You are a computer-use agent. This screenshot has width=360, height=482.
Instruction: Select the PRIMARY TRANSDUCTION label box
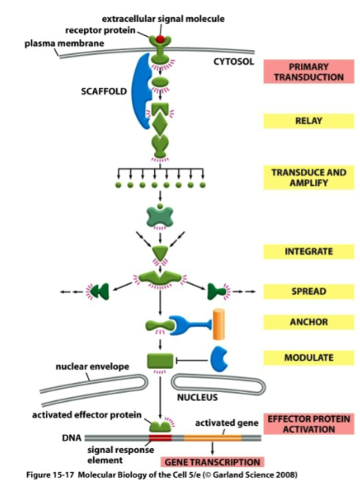click(308, 71)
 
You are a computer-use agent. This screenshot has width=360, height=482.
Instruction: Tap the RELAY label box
click(308, 121)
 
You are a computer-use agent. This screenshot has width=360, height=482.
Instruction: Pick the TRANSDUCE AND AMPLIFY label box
click(308, 178)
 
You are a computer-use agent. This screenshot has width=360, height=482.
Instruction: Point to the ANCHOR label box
click(308, 322)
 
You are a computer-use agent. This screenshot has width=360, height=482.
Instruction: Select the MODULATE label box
click(308, 358)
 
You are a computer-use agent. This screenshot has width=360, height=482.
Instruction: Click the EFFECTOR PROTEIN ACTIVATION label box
click(308, 424)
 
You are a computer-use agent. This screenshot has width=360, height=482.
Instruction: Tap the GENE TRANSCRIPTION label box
click(223, 462)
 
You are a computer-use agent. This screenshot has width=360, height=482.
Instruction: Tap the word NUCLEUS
click(198, 397)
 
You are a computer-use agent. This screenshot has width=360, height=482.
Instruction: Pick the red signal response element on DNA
click(160, 436)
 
